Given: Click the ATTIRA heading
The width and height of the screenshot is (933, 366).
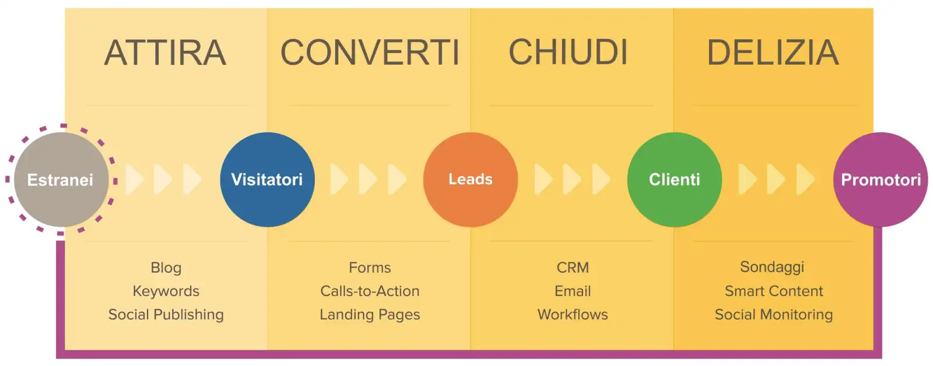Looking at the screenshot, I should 165,52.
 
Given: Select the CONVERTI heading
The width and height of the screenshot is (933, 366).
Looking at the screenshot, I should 370,52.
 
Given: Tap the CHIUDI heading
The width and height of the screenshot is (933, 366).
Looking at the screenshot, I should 568,52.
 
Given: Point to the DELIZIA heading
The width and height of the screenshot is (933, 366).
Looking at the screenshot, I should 773,52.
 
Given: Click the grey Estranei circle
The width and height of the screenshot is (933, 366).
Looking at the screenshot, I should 61,180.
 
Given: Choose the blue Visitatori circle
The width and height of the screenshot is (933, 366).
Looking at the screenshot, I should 267,180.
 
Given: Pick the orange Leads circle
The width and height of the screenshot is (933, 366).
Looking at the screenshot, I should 470,180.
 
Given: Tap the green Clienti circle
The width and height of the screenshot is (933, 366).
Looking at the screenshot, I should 674,180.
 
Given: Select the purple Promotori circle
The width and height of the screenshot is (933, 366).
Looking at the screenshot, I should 881,180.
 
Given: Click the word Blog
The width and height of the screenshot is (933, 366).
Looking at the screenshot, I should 166,268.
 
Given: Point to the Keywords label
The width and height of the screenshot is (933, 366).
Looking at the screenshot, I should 166,291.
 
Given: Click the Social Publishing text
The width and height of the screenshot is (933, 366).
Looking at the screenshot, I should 166,315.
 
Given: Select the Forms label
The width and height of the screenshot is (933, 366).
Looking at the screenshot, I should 370,268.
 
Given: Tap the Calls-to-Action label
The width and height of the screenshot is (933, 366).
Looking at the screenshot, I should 370,291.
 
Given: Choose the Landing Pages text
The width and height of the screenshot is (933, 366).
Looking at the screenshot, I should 370,315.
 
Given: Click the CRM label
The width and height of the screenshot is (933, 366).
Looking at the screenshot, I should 573,268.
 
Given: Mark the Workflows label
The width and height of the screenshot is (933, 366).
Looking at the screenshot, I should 573,315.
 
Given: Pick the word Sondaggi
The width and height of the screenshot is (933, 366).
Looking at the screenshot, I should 772,267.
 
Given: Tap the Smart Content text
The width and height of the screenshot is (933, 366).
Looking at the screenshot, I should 774,291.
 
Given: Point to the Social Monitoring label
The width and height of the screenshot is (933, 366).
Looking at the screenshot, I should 774,315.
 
